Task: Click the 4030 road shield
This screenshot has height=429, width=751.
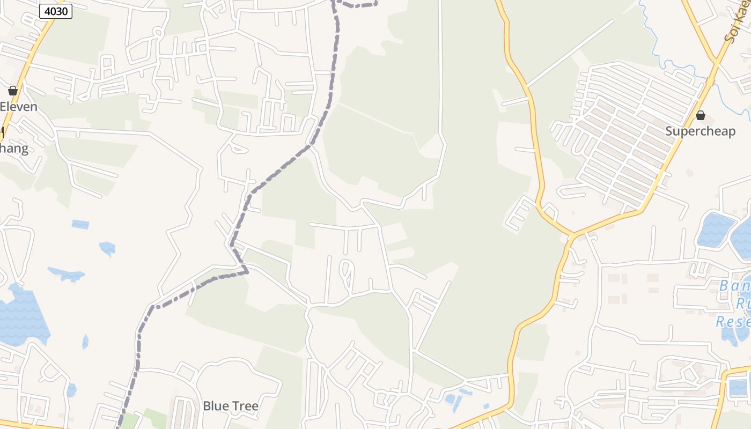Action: coord(56,11)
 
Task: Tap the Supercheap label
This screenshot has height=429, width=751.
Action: coord(700,131)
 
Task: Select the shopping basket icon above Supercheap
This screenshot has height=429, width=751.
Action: coord(700,115)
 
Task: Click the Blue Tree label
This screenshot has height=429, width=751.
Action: coord(231,406)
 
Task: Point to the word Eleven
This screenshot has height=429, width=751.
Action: coord(19,106)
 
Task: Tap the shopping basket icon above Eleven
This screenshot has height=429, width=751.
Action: coord(13,91)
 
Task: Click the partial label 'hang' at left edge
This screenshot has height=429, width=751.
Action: coord(14,148)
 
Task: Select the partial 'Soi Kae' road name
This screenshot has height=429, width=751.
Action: coord(734,27)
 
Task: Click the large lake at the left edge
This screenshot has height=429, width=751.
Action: coord(21,316)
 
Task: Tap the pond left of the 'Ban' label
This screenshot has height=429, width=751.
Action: coord(715,229)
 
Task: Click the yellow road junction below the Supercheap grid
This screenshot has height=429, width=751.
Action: coord(573,235)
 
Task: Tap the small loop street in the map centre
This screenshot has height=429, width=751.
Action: coord(347,273)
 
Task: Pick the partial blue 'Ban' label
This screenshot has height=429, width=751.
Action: coord(733,286)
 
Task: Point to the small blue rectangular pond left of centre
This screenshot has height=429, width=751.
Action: coord(80,224)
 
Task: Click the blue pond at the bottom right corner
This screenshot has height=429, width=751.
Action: coord(739,387)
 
